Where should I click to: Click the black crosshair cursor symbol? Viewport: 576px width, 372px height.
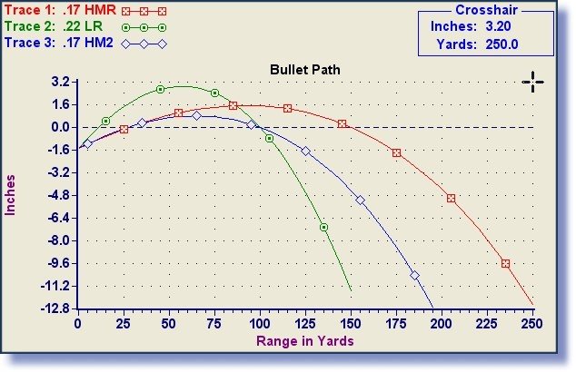pyautogui.click(x=532, y=83)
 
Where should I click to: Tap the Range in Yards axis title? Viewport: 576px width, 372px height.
pyautogui.click(x=305, y=341)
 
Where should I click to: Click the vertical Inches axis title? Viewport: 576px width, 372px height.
pyautogui.click(x=12, y=195)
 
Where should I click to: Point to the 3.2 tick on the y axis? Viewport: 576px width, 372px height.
pyautogui.click(x=62, y=82)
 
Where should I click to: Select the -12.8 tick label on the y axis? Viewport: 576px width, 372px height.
pyautogui.click(x=56, y=309)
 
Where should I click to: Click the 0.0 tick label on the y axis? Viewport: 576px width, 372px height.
pyautogui.click(x=62, y=127)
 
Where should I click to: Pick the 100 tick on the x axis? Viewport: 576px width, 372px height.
pyautogui.click(x=260, y=323)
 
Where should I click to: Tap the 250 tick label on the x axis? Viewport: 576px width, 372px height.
pyautogui.click(x=532, y=323)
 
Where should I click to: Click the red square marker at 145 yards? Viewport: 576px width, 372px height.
pyautogui.click(x=342, y=123)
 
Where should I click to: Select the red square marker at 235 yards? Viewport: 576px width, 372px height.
pyautogui.click(x=505, y=263)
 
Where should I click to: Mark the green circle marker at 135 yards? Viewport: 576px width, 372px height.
pyautogui.click(x=323, y=227)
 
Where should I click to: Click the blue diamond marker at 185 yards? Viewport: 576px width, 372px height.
pyautogui.click(x=414, y=275)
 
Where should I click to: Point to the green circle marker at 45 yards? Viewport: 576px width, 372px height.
pyautogui.click(x=160, y=89)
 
